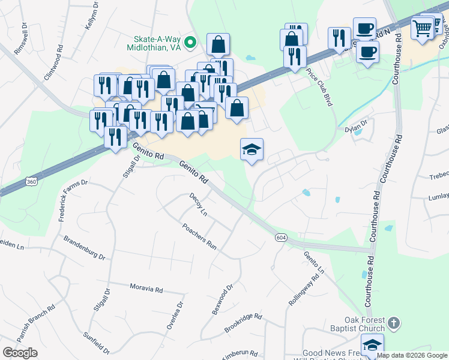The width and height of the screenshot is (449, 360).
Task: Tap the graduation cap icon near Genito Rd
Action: pos(252,150)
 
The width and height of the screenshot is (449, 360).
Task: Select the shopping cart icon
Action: pos(423,28)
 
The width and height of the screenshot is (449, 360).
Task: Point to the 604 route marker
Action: pos(280,238)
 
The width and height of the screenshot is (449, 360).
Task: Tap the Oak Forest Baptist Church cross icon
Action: pos(393,323)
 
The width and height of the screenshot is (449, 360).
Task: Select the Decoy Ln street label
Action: pos(198,205)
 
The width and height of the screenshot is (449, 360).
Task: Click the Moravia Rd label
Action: pos(146,288)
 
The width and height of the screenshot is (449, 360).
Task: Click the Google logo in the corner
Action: pos(20,352)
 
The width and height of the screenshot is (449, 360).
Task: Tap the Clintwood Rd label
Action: pos(53,68)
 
